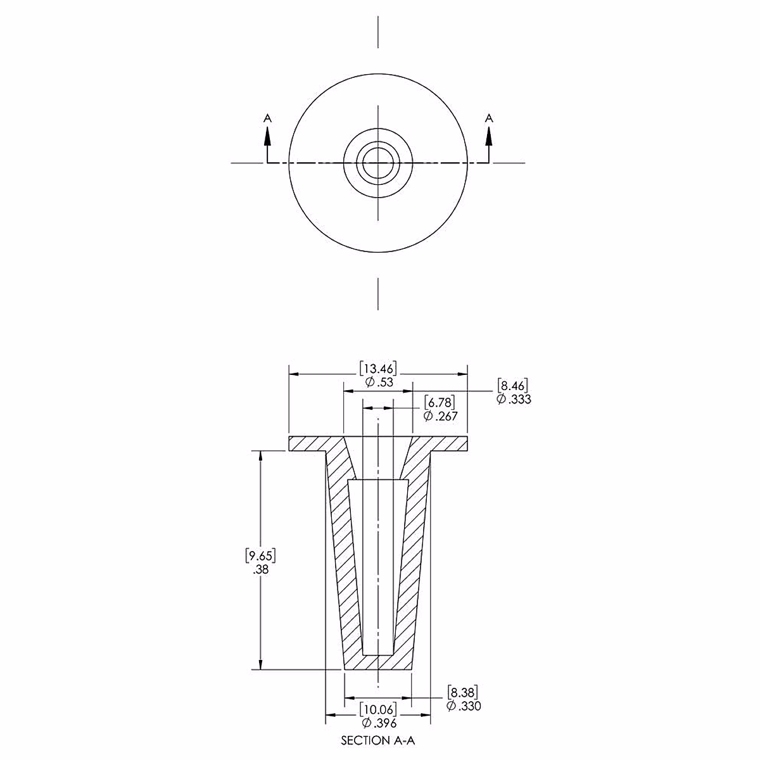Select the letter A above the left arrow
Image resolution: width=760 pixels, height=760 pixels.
[x=267, y=118]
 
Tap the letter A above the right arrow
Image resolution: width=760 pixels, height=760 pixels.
[x=488, y=118]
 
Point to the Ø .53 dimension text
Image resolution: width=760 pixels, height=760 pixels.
[x=378, y=383]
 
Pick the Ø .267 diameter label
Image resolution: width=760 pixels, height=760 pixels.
[x=440, y=416]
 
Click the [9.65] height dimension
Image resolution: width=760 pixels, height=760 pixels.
[x=260, y=556]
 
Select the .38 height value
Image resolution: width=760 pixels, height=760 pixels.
[x=260, y=569]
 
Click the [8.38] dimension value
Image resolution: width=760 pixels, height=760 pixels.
[x=463, y=691]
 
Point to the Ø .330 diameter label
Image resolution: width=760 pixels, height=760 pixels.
[x=463, y=706]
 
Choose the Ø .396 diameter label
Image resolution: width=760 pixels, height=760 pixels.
[x=378, y=723]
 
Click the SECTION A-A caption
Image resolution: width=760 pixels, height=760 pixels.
[x=378, y=740]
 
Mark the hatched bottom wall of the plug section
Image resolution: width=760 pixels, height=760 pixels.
[x=378, y=662]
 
